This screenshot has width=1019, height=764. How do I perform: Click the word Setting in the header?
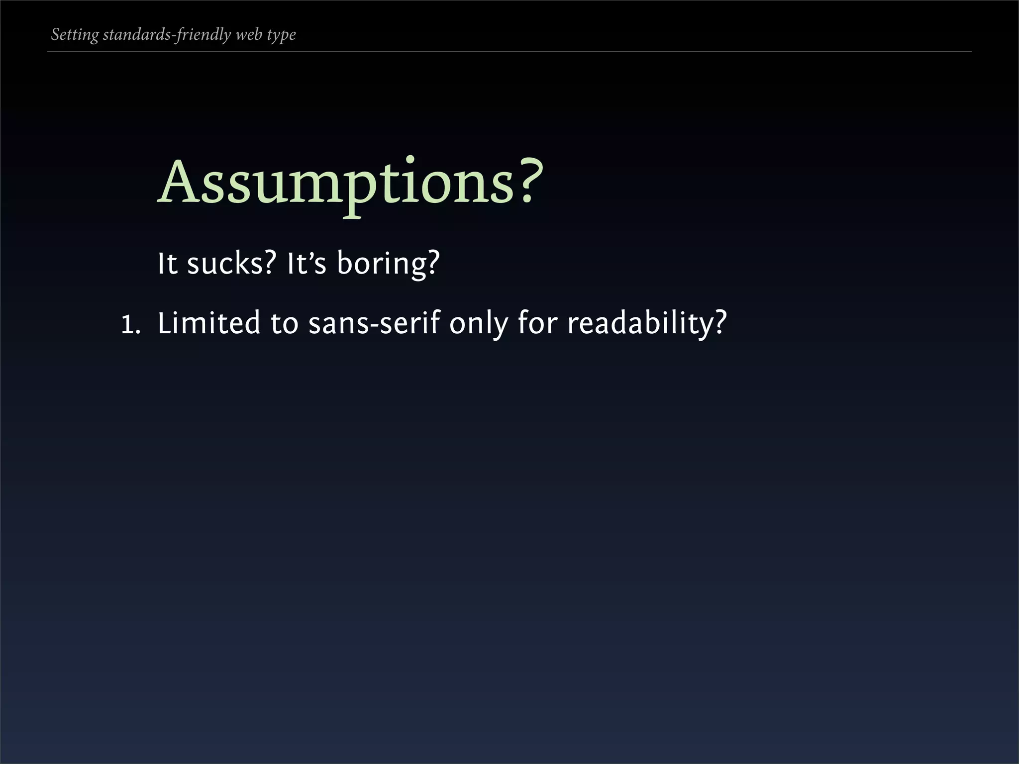[x=75, y=35]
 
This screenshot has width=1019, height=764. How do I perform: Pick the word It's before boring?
[x=306, y=263]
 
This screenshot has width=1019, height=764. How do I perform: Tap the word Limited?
[x=208, y=323]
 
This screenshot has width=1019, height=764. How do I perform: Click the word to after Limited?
[x=284, y=324]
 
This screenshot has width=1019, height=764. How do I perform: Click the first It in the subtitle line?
[x=167, y=263]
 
